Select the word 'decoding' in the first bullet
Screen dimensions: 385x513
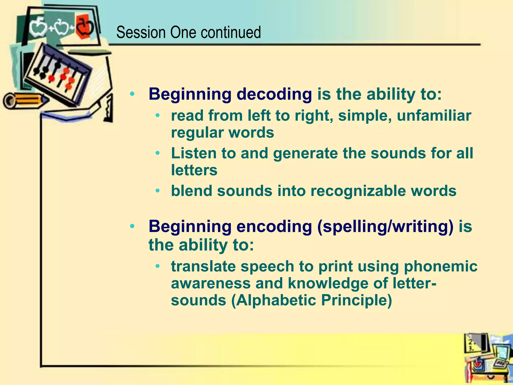pyautogui.click(x=274, y=94)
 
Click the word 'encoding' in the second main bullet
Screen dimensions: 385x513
pyautogui.click(x=274, y=227)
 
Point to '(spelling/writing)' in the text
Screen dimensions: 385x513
pyautogui.click(x=385, y=227)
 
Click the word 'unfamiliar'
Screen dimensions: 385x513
pyautogui.click(x=434, y=116)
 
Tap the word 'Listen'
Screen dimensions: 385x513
pyautogui.click(x=194, y=153)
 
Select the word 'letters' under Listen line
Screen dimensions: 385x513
pyautogui.click(x=194, y=170)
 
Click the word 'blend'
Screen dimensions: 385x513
pyautogui.click(x=191, y=191)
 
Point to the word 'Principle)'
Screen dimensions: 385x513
pyautogui.click(x=356, y=300)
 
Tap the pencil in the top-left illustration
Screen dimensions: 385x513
pyautogui.click(x=25, y=100)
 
